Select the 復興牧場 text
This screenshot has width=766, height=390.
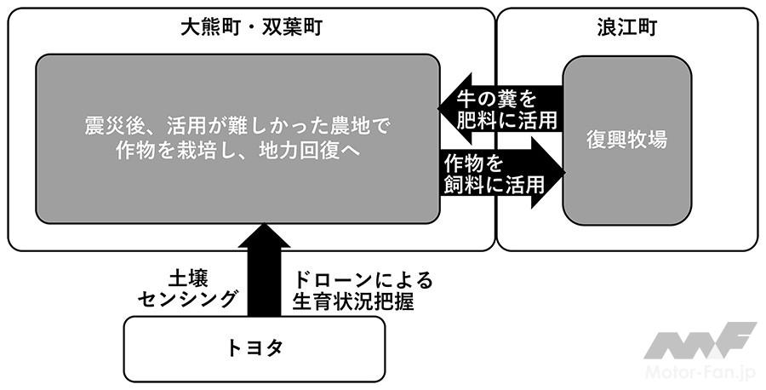pyautogui.click(x=627, y=140)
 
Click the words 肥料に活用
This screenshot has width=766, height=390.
pyautogui.click(x=507, y=120)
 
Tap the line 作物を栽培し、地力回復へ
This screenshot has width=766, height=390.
pyautogui.click(x=237, y=151)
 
